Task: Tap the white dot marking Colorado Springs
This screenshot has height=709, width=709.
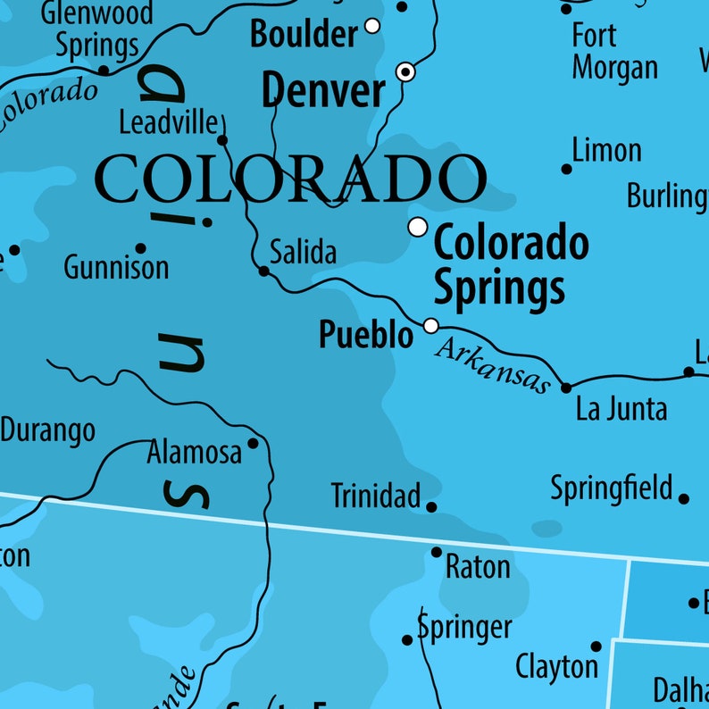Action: [418, 227]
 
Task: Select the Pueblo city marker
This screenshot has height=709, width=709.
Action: [431, 326]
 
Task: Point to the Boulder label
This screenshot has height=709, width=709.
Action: [304, 34]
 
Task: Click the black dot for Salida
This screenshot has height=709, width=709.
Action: [263, 271]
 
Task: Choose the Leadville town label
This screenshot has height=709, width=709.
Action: [169, 121]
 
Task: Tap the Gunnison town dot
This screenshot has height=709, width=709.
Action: [140, 248]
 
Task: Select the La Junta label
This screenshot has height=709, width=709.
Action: [621, 409]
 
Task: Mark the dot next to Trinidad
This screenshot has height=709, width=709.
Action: [431, 507]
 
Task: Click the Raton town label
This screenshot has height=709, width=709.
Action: [478, 566]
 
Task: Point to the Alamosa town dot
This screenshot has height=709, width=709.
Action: [253, 443]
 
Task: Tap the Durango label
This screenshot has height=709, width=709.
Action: [47, 431]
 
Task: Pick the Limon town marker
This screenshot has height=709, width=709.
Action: [566, 169]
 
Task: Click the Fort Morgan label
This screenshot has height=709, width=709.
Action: [614, 52]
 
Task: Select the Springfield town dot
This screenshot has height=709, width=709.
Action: [684, 499]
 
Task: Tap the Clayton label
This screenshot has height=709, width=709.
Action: [557, 665]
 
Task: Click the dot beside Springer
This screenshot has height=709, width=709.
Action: [407, 639]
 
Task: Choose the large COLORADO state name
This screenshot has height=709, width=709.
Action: [290, 179]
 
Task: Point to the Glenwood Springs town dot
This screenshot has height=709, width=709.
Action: [103, 70]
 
